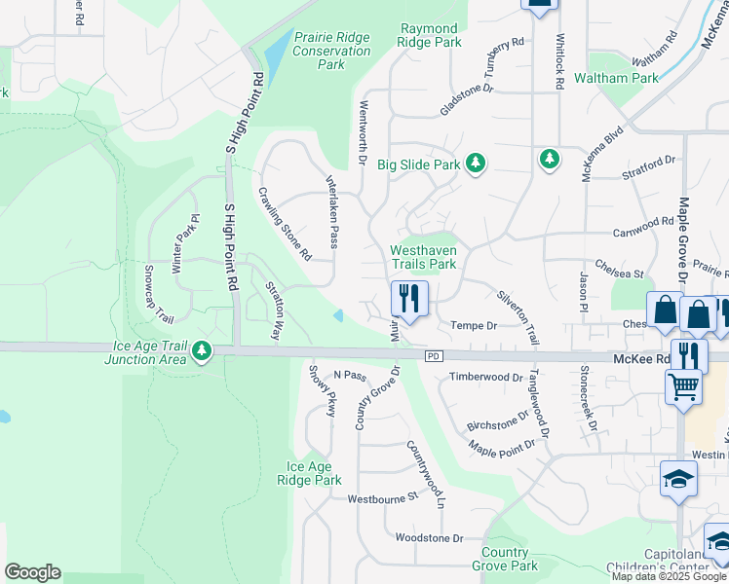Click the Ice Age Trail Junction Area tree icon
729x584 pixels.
tap(201, 350)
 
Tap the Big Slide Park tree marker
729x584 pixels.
tap(476, 164)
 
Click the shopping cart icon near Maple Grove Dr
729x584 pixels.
tap(683, 385)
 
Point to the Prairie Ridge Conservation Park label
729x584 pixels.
tap(331, 51)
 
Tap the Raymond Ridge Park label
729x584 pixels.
tap(429, 36)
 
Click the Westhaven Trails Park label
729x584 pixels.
tap(423, 257)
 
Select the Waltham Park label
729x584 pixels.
tap(644, 77)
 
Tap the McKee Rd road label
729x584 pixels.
tap(640, 358)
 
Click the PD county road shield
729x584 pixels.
tap(434, 357)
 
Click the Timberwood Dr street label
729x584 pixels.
tap(486, 377)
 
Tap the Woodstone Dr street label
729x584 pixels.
tap(428, 537)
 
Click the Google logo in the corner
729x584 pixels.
tap(32, 572)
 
